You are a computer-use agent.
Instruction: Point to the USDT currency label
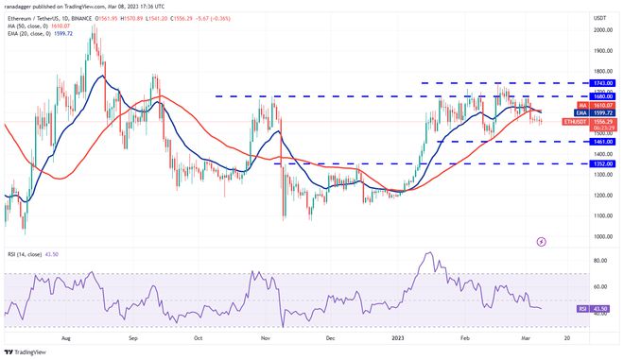[x=598, y=17]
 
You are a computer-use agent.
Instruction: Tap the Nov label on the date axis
[x=266, y=336]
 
